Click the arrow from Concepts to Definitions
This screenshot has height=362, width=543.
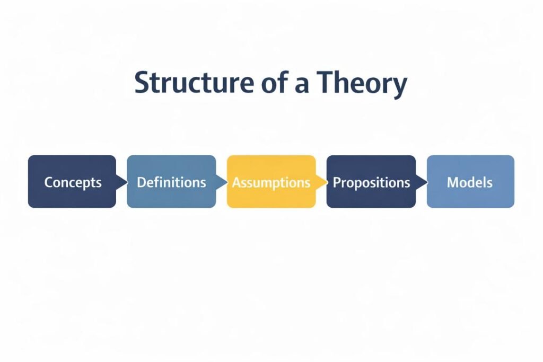(x=121, y=182)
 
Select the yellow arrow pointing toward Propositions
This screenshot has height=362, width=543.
(x=320, y=182)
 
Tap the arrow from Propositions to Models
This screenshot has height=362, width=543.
(x=421, y=182)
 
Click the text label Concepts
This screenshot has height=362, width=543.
(x=72, y=183)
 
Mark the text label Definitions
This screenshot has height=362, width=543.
(x=171, y=182)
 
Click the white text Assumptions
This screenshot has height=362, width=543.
(x=271, y=182)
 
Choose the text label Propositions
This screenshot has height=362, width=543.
(x=371, y=183)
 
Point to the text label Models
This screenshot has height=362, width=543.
(x=470, y=182)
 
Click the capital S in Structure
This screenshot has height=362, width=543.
(x=142, y=83)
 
